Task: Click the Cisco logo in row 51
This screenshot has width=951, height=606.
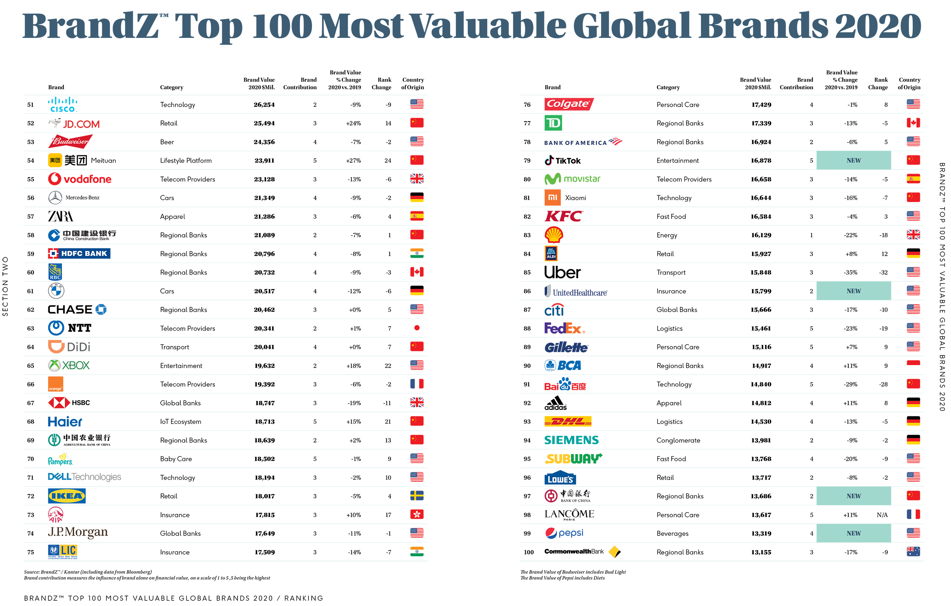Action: (62, 105)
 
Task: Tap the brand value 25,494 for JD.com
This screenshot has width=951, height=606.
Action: (264, 123)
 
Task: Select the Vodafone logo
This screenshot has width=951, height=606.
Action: (80, 179)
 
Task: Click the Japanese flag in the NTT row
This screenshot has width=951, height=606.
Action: (417, 328)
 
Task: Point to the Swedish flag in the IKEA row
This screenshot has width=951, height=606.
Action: (417, 496)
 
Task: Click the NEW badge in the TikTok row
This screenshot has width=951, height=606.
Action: (853, 160)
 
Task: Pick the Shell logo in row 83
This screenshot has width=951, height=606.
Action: (554, 235)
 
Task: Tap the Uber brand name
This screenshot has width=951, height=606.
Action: (562, 273)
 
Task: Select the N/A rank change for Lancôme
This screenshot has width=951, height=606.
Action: (882, 515)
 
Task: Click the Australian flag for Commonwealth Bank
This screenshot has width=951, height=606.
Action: (913, 552)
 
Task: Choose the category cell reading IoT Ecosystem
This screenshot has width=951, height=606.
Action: (180, 422)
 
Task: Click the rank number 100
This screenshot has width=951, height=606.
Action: (529, 552)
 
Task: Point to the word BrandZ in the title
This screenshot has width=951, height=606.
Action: (91, 26)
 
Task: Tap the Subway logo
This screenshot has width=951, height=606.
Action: (573, 459)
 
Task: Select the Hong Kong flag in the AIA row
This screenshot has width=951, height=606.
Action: (417, 514)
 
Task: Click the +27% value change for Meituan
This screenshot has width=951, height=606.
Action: (353, 161)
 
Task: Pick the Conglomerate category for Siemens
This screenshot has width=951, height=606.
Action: (678, 440)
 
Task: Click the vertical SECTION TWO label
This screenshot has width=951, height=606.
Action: (5, 286)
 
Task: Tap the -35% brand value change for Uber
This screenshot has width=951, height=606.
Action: (850, 273)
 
